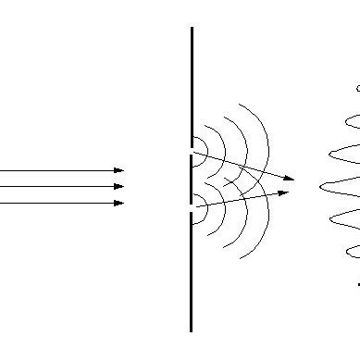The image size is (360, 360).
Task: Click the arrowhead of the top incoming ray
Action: coord(118,170)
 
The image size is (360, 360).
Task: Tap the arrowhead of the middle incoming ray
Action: coord(118,186)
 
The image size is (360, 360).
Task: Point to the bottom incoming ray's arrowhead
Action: coord(118,202)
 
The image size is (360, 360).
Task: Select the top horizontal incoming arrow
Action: coord(56,170)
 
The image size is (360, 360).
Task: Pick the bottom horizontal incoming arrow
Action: coord(56,202)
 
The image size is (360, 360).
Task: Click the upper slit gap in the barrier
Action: coord(192,147)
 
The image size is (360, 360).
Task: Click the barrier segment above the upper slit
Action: coord(192,83)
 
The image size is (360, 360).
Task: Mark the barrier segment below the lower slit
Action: coord(192,278)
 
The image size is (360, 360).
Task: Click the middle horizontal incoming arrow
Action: coord(56,186)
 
